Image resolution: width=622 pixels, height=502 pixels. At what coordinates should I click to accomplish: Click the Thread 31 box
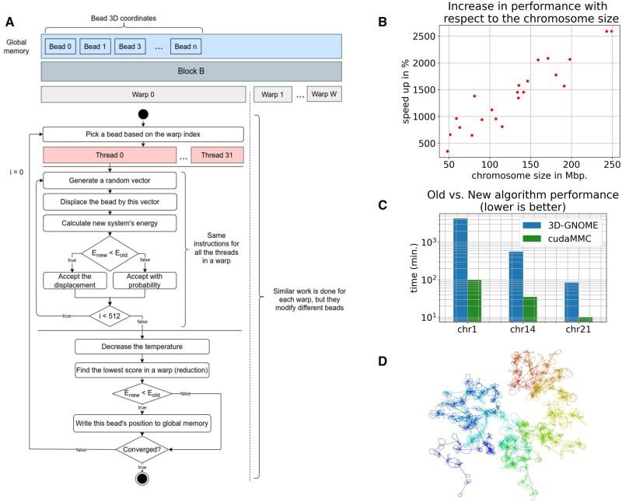click(x=217, y=155)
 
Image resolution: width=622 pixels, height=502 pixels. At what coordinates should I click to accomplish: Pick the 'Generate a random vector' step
click(x=110, y=180)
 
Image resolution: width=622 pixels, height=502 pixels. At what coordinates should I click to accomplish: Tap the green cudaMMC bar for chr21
click(x=586, y=319)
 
